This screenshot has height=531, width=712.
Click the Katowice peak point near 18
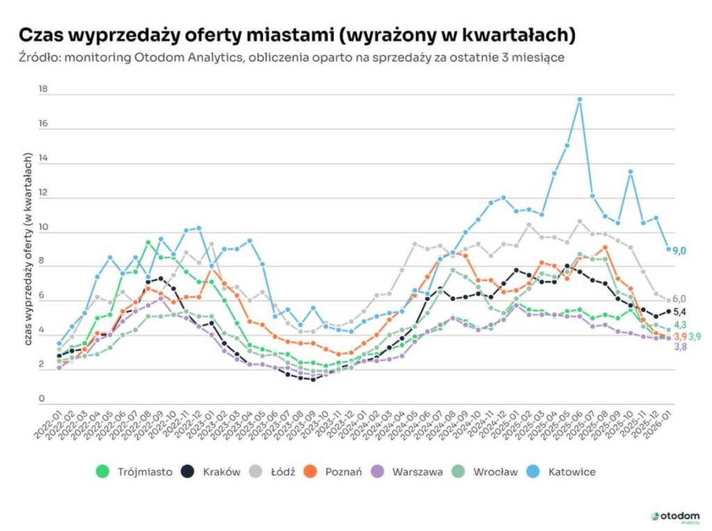pos(579,100)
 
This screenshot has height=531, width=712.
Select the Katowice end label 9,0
pos(679,250)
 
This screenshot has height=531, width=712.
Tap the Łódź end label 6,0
pos(679,299)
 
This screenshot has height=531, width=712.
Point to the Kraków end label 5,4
pos(679,311)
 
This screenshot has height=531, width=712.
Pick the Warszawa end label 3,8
pos(679,347)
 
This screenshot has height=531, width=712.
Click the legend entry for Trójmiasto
pos(134,472)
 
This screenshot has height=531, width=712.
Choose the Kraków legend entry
pos(211,472)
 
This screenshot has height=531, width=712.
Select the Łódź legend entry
pos(276,472)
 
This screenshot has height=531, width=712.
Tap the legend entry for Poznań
pos(334,472)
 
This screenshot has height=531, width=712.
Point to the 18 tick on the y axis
pos(43,90)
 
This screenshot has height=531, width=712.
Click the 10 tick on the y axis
pos(43,228)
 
